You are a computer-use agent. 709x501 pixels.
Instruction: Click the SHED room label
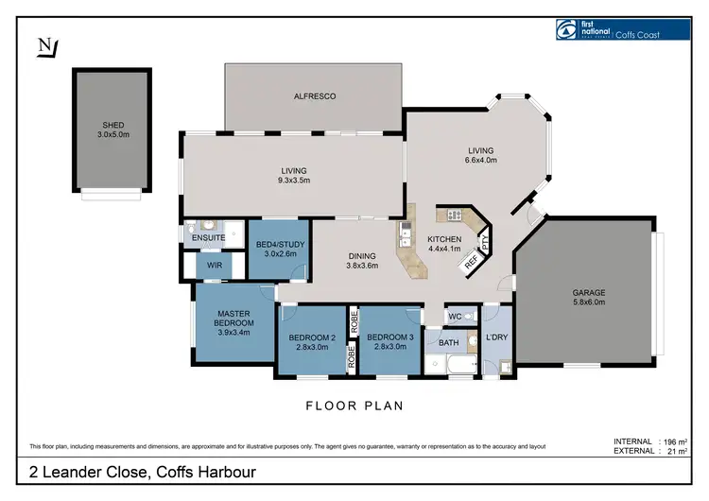click(x=112, y=130)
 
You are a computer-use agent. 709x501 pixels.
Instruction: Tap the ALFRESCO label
click(x=316, y=96)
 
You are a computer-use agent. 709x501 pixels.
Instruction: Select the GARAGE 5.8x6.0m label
click(x=588, y=297)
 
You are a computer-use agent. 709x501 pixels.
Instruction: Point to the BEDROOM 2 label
click(x=312, y=343)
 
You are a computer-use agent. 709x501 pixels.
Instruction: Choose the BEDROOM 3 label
click(x=390, y=343)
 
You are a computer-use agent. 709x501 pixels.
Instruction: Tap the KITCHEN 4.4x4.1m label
click(x=443, y=244)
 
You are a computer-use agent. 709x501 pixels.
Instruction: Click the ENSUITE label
click(x=208, y=237)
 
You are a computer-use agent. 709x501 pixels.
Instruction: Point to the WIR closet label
click(x=214, y=267)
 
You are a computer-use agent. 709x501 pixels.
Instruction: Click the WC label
click(x=455, y=316)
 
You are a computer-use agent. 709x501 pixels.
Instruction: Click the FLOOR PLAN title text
click(x=354, y=406)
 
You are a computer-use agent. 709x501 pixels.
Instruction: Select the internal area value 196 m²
click(x=672, y=441)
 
